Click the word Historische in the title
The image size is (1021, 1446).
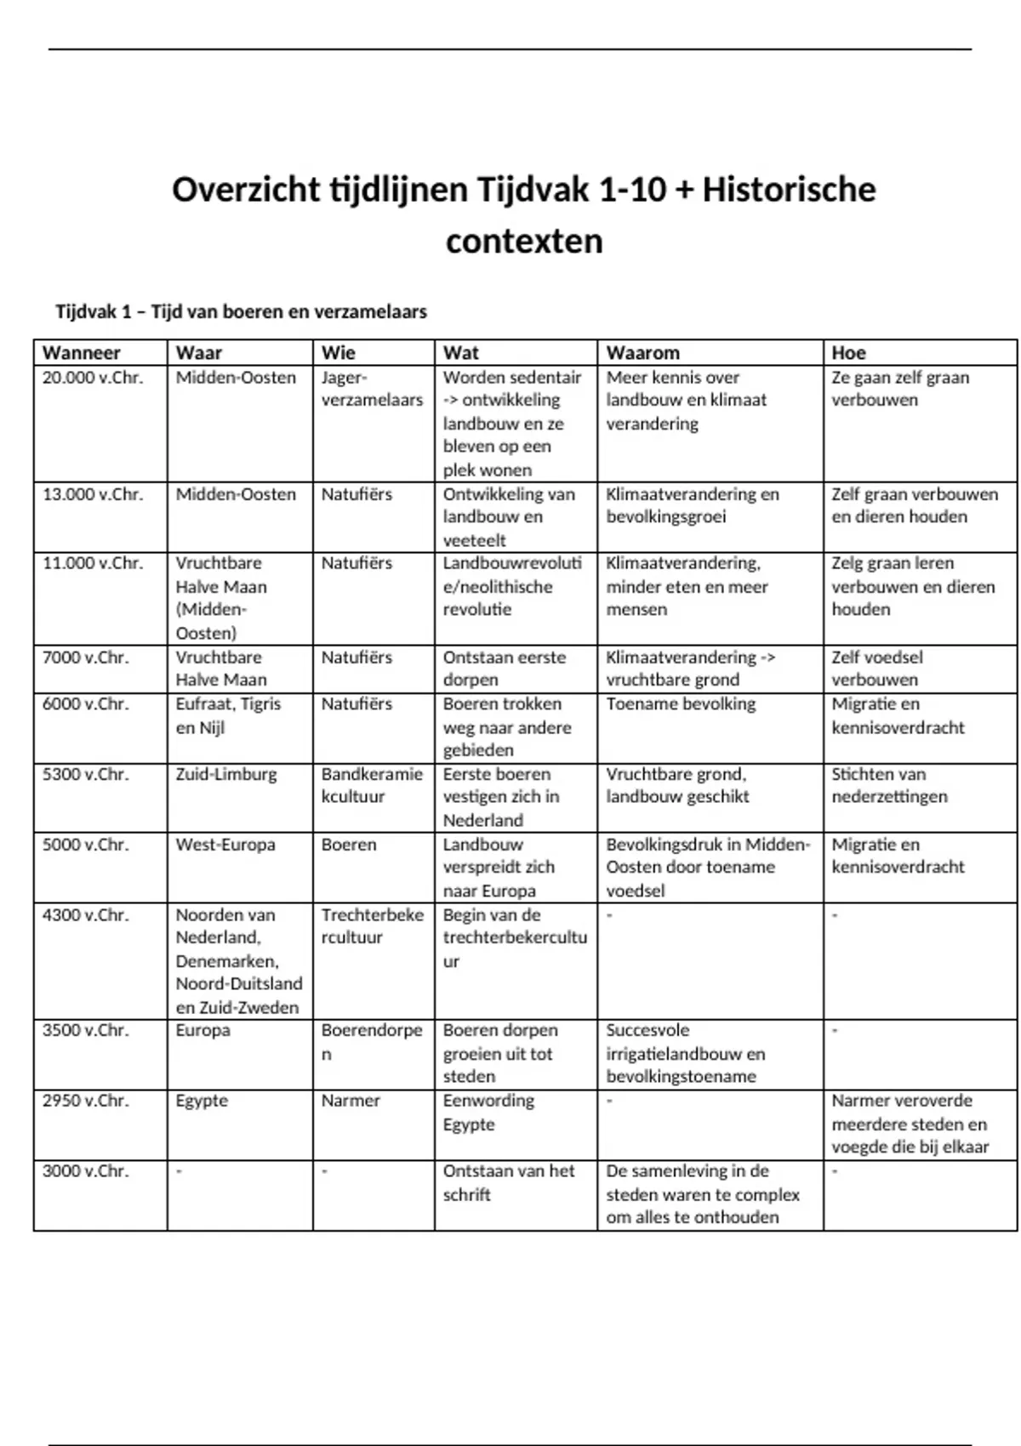(x=789, y=190)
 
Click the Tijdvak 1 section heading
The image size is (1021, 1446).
(x=241, y=312)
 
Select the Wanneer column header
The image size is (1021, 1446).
(x=82, y=353)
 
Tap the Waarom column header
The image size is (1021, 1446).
(x=643, y=353)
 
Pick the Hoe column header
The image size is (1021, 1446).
(x=848, y=353)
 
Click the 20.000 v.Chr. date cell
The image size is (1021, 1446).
(x=93, y=378)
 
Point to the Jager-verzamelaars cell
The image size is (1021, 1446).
(x=372, y=389)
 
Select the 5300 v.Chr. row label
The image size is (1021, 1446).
(x=86, y=775)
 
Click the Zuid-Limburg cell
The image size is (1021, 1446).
(x=226, y=775)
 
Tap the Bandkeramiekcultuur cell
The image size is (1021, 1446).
(x=372, y=786)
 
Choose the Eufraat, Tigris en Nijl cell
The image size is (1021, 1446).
(x=228, y=715)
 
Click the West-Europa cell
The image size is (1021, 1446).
(x=225, y=845)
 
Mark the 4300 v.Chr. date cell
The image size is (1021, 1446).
(x=86, y=915)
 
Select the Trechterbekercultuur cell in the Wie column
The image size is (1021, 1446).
(x=372, y=926)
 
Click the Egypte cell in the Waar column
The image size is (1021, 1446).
(x=202, y=1101)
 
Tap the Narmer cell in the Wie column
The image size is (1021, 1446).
(x=351, y=1101)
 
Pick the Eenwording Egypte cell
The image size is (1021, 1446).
(x=488, y=1113)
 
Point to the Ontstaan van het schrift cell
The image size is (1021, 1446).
(x=509, y=1182)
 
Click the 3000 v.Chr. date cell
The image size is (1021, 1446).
(x=86, y=1171)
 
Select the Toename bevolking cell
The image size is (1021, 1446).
(x=681, y=704)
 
